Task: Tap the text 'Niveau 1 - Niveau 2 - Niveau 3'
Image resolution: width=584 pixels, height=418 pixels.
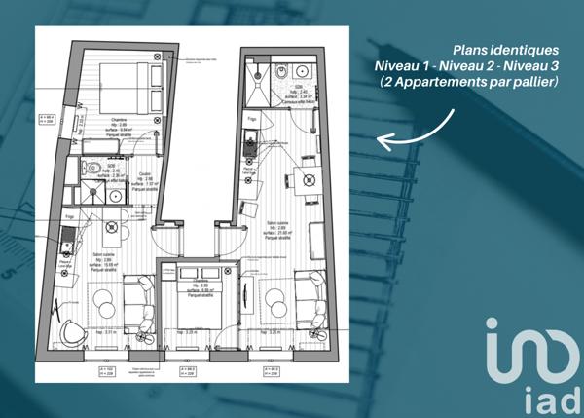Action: [x=466, y=65]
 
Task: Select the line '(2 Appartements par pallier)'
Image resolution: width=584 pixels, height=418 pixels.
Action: [x=470, y=82]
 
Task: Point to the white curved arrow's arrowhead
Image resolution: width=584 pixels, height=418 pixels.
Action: [x=383, y=142]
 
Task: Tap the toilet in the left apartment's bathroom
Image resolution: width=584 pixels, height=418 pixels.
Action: [x=85, y=168]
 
